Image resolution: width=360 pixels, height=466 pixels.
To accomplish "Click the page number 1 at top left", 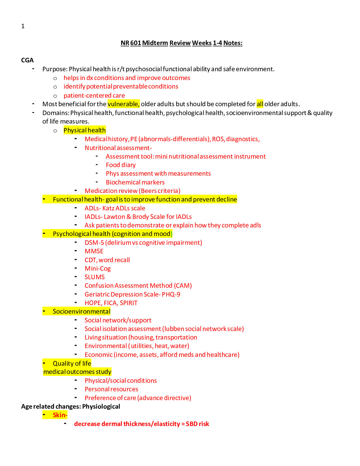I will (x=23, y=26).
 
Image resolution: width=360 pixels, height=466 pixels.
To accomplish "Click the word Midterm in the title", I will (x=155, y=43).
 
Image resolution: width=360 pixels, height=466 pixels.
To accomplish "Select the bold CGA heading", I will (x=27, y=60).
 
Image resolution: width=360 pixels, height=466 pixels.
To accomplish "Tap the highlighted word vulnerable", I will (x=123, y=104).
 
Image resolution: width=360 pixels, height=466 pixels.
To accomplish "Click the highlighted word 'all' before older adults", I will (x=260, y=104).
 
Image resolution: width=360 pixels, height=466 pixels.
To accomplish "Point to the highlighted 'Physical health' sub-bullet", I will (x=84, y=130).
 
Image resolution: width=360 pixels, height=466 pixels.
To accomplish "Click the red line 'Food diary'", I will (x=121, y=165).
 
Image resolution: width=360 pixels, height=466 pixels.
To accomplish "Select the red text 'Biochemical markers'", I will (x=135, y=182).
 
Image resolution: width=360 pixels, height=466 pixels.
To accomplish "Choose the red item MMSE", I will (x=94, y=251).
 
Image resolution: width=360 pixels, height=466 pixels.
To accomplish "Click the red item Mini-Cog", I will (x=97, y=269).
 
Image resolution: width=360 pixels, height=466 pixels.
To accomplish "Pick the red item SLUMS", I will (x=94, y=277).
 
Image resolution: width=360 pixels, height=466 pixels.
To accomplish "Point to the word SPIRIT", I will (x=129, y=303).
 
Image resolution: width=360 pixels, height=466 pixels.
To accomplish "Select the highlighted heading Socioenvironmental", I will (x=81, y=312).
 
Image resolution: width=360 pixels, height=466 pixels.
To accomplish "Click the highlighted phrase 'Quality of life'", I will (x=72, y=364).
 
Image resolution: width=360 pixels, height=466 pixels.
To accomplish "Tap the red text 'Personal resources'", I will (x=111, y=389).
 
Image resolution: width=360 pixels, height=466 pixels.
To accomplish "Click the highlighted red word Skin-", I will (x=60, y=415).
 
